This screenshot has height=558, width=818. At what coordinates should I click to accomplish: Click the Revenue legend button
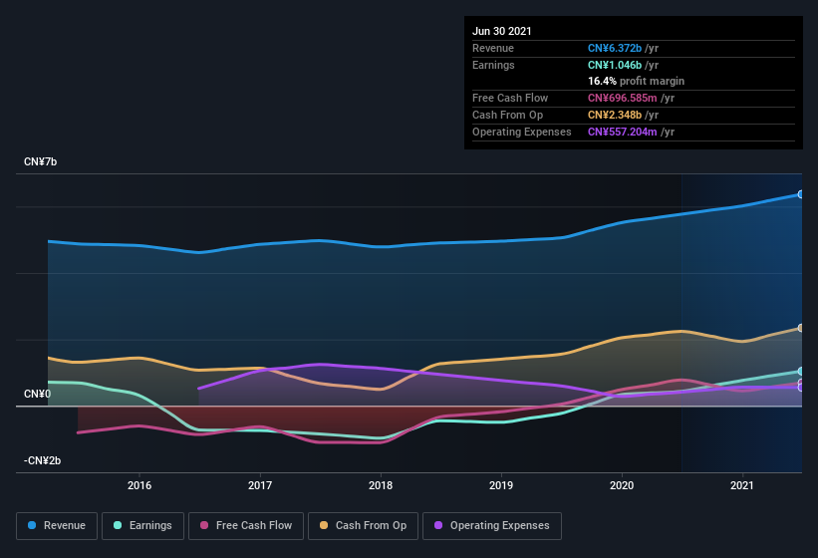pos(57,525)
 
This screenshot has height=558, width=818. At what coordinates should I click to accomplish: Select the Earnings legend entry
pos(142,525)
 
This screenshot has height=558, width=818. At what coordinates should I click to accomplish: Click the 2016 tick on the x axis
pos(139,485)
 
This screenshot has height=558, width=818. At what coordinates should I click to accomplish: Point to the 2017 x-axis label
pos(260,485)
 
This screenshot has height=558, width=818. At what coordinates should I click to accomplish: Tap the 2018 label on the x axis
pos(381,485)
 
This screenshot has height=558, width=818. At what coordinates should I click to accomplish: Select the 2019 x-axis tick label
pos(501,485)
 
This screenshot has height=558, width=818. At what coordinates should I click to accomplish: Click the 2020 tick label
pos(622,485)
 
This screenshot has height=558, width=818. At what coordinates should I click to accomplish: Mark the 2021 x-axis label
pos(742,485)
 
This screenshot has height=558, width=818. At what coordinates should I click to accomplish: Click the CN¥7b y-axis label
pos(41,161)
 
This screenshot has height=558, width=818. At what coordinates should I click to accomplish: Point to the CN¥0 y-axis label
pos(37,394)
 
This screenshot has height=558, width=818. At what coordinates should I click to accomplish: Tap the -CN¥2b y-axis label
pos(43,460)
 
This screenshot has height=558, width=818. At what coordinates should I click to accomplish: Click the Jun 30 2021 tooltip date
pos(502,31)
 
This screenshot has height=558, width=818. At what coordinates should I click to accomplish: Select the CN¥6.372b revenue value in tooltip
pos(615,48)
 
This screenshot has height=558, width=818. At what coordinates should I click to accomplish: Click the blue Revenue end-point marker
pos(800,194)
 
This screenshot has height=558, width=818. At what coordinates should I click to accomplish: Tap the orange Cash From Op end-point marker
pos(800,328)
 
